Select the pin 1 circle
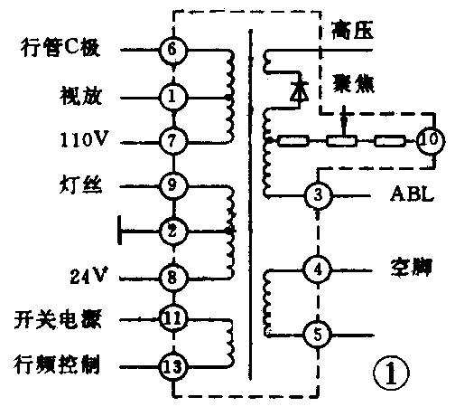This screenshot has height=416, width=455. (x=172, y=94)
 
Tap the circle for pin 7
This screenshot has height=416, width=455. (x=172, y=141)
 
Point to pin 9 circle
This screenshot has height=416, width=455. (x=172, y=185)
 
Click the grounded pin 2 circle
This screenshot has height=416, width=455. (x=172, y=231)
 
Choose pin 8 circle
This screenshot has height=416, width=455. (x=172, y=275)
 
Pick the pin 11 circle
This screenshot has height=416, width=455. (x=172, y=318)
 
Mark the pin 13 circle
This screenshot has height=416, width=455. (x=172, y=366)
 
